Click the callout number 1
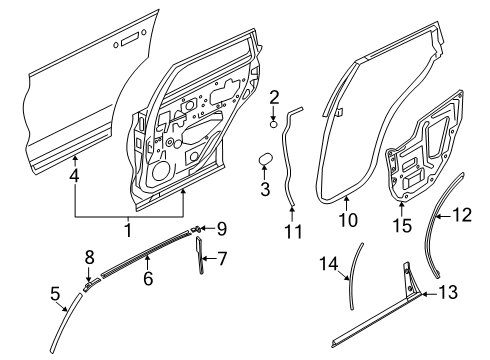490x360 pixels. point(127,230)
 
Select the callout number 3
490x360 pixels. point(266,189)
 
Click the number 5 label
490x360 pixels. point(55,294)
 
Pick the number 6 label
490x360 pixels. point(147,279)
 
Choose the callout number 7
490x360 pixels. point(221,259)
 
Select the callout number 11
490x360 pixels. point(292,234)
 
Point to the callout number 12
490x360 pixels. point(461,214)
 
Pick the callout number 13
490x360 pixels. point(446,294)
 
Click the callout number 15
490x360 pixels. point(404,226)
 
